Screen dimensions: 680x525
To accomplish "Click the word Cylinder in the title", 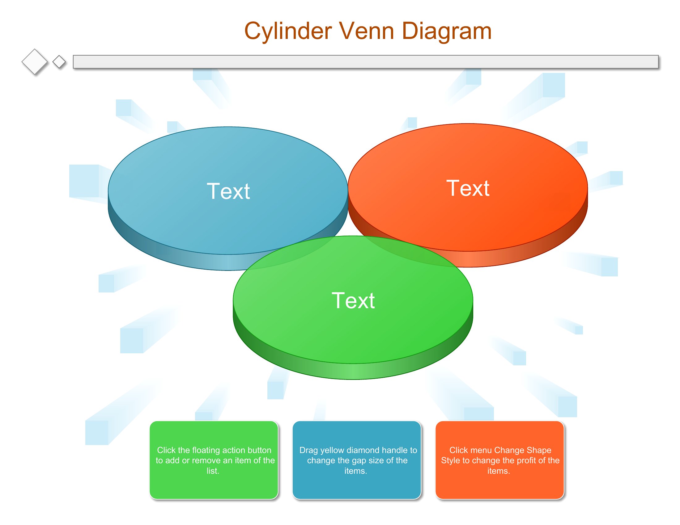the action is (x=288, y=32).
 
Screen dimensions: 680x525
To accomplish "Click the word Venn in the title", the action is (x=367, y=31).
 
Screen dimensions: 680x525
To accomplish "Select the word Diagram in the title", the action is (x=447, y=32).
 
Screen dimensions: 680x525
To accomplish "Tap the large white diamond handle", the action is (x=35, y=61).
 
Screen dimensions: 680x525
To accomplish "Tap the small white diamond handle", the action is (x=59, y=61).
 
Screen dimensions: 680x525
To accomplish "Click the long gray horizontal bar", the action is (x=366, y=61).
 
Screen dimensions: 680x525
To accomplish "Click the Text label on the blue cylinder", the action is (x=228, y=191).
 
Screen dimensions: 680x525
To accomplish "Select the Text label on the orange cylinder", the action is (x=468, y=188).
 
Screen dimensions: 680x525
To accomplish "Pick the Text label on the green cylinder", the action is (x=353, y=300).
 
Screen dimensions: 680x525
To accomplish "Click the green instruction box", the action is (x=214, y=460).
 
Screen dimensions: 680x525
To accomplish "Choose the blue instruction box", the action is (x=356, y=460).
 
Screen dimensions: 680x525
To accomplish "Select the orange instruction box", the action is (x=499, y=460).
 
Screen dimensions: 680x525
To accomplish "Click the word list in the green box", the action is (x=213, y=471).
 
